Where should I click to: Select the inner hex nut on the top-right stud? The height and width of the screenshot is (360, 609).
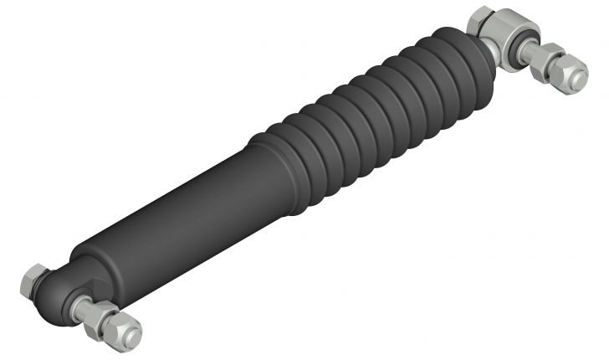pyautogui.click(x=548, y=60)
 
